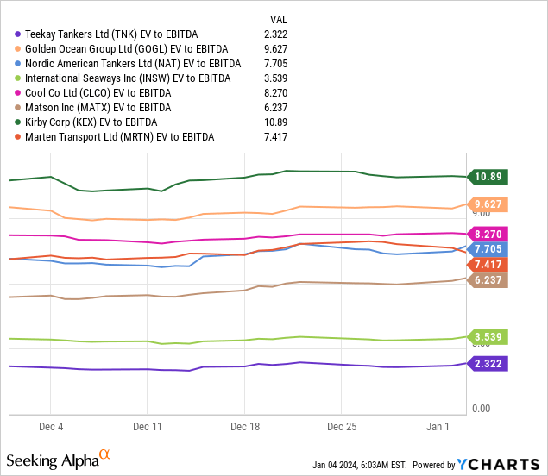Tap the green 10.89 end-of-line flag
(x=488, y=177)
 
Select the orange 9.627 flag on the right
(x=488, y=204)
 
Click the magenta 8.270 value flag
(x=488, y=234)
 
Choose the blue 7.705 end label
(x=488, y=249)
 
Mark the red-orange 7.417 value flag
(x=488, y=264)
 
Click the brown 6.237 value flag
(x=488, y=280)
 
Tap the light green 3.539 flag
(x=488, y=337)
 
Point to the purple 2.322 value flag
(x=488, y=365)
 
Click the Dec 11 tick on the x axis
(x=148, y=427)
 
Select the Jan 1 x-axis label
(x=438, y=427)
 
